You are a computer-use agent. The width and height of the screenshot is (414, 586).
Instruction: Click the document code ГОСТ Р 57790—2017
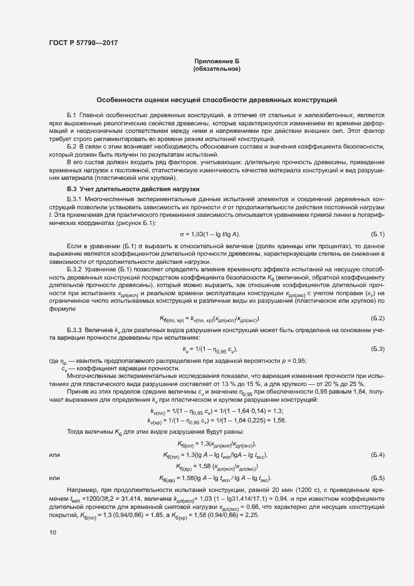pyautogui.click(x=83, y=43)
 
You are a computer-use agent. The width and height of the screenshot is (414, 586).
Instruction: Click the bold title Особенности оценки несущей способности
pyautogui.click(x=217, y=100)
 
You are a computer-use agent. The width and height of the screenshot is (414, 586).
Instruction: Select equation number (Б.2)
pyautogui.click(x=378, y=319)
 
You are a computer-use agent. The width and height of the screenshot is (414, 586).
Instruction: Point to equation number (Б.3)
pyautogui.click(x=378, y=348)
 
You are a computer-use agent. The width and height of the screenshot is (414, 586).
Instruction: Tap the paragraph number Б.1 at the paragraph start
pyautogui.click(x=71, y=117)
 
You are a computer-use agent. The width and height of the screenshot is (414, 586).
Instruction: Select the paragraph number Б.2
pyautogui.click(x=71, y=146)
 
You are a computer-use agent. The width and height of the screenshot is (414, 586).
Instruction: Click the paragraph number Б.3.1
pyautogui.click(x=75, y=199)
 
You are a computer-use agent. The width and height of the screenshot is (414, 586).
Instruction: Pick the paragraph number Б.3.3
pyautogui.click(x=75, y=329)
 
